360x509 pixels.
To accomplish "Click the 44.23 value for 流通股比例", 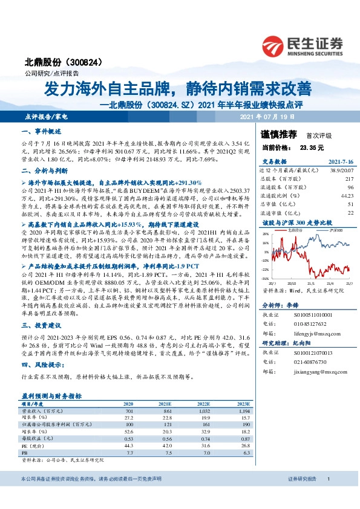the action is (345, 195).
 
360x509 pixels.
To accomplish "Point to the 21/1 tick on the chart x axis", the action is (310, 282).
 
